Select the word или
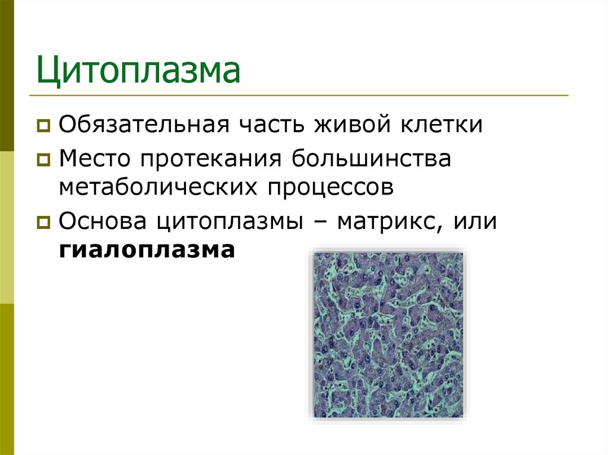tap(475, 222)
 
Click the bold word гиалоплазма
tap(147, 250)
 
